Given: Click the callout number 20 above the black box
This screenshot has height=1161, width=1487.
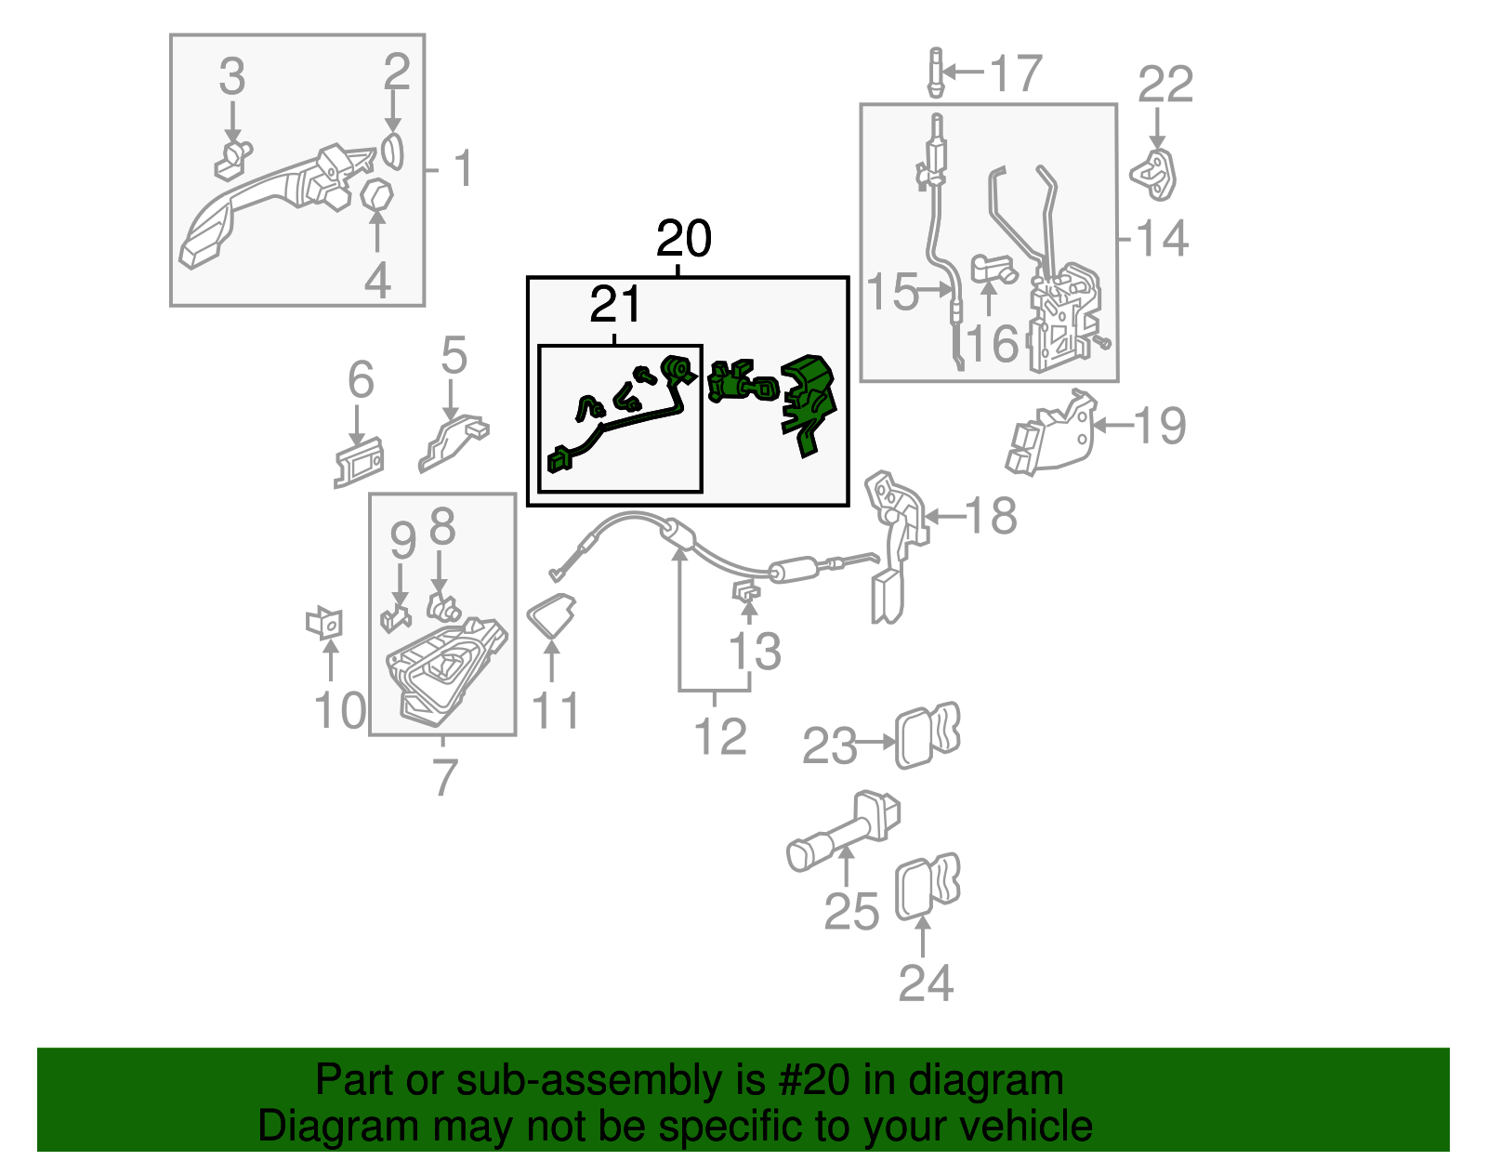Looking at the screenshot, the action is pyautogui.click(x=684, y=238).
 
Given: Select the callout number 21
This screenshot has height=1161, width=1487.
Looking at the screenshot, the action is pyautogui.click(x=614, y=304).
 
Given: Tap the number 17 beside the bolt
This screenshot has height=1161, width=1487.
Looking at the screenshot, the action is pyautogui.click(x=1016, y=73).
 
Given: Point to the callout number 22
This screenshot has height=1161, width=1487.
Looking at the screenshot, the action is pyautogui.click(x=1165, y=85).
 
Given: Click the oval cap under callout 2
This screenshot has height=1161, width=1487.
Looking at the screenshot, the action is pyautogui.click(x=393, y=152).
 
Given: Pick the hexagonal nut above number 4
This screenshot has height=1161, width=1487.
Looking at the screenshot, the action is pyautogui.click(x=377, y=196).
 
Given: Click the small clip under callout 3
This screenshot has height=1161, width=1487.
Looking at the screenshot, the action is pyautogui.click(x=233, y=160).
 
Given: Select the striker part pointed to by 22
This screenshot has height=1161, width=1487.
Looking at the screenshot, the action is pyautogui.click(x=1153, y=175).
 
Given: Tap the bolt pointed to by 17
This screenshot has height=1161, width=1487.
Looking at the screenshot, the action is pyautogui.click(x=936, y=73).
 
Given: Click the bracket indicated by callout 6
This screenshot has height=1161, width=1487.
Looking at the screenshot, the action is pyautogui.click(x=359, y=463).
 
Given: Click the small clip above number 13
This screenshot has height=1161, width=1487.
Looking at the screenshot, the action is pyautogui.click(x=746, y=589).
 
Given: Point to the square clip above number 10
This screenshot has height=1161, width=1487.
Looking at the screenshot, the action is pyautogui.click(x=324, y=623).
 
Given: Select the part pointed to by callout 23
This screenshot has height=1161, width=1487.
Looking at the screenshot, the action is pyautogui.click(x=928, y=734).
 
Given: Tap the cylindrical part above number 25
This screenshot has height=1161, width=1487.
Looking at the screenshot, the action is pyautogui.click(x=843, y=831).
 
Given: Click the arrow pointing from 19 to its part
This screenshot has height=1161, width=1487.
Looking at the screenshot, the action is pyautogui.click(x=1113, y=426).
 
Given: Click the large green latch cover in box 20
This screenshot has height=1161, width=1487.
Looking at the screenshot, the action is pyautogui.click(x=809, y=403).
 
